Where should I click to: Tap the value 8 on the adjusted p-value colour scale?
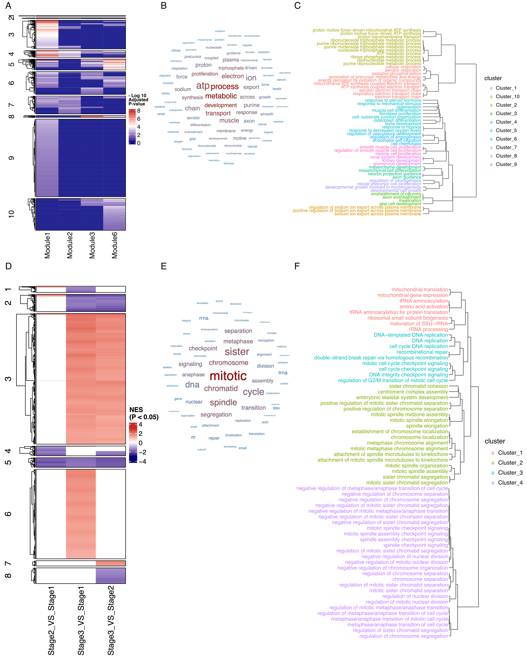point(139,111)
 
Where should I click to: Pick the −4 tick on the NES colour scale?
point(142,461)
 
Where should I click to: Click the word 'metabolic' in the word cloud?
point(221,96)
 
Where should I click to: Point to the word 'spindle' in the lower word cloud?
point(223,403)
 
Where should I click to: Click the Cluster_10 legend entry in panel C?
point(508,96)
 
